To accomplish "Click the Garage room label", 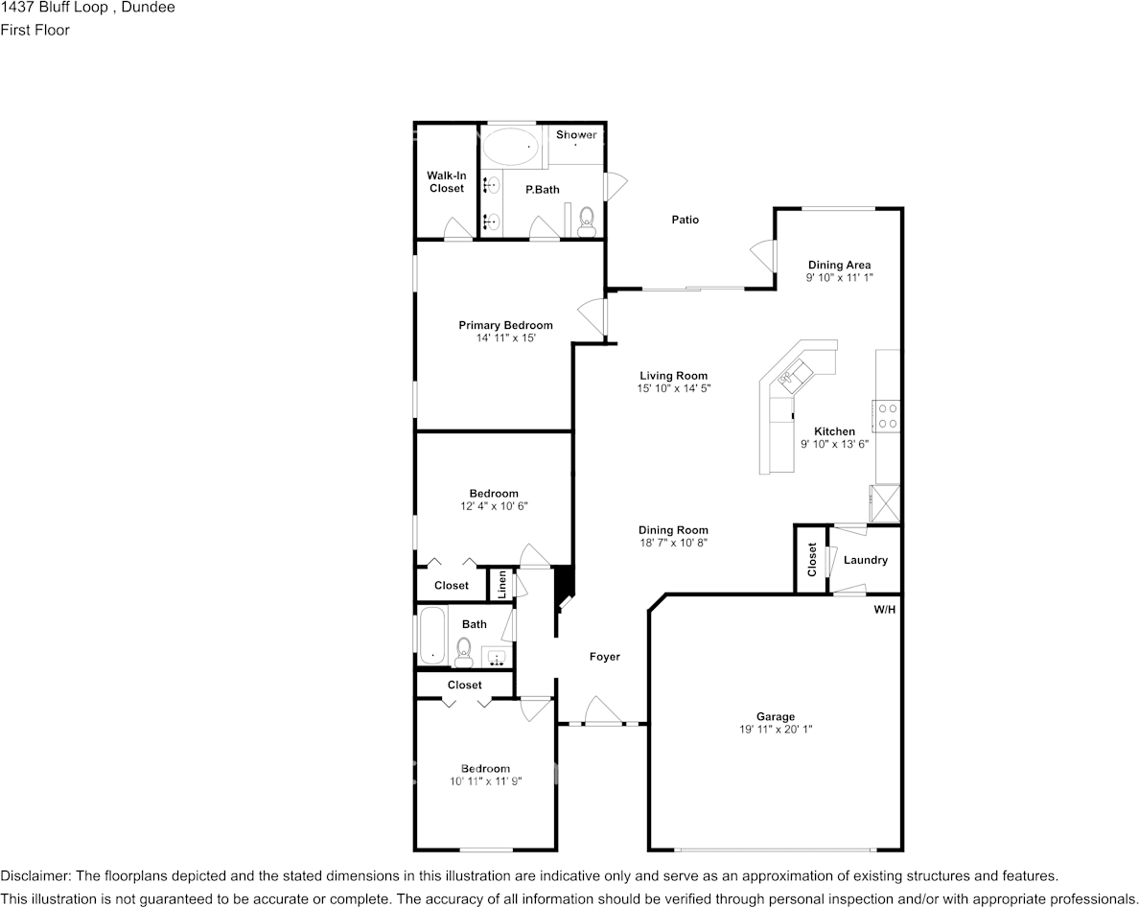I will click(775, 716).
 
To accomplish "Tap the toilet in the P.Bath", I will click(588, 220).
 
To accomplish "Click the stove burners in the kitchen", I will click(888, 415).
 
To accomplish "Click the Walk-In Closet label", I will click(446, 182).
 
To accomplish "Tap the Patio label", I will click(685, 220).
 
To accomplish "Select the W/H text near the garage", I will click(884, 610).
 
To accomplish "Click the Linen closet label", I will click(500, 585).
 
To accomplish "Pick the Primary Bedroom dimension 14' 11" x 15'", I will click(505, 338).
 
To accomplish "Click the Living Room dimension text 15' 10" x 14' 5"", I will click(673, 388).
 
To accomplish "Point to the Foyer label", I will click(604, 657).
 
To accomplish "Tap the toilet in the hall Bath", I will click(464, 654).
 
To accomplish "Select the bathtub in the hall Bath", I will click(433, 635).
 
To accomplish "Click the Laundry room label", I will click(865, 560).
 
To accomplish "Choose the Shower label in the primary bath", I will click(576, 135).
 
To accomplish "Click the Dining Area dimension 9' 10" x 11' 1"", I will click(839, 277).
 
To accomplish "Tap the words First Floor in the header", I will click(35, 30).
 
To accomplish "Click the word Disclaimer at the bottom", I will click(35, 876).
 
